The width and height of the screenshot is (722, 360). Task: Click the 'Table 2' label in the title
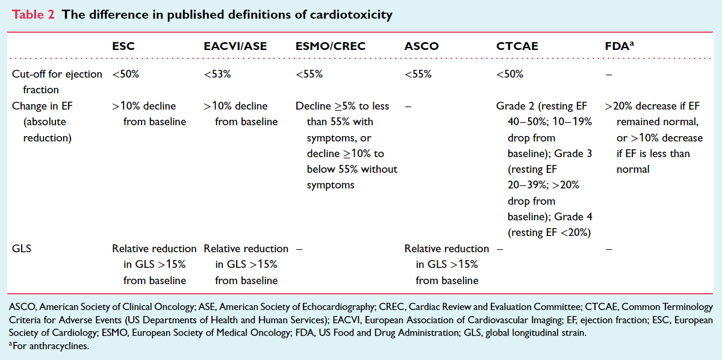click(x=33, y=14)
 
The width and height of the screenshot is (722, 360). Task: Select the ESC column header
click(x=123, y=46)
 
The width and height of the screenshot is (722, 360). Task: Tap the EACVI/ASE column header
click(x=235, y=46)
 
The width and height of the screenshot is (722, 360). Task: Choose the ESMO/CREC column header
click(x=331, y=46)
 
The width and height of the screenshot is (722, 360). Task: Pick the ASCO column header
click(x=422, y=46)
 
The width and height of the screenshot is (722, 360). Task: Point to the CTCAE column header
click(x=517, y=46)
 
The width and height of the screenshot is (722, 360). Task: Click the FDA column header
click(x=618, y=46)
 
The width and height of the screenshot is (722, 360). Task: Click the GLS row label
click(x=22, y=249)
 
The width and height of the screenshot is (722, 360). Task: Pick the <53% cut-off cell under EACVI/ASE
click(x=217, y=75)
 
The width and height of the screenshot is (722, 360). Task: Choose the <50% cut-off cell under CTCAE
click(x=509, y=75)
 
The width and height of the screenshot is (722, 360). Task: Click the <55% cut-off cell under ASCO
click(x=418, y=75)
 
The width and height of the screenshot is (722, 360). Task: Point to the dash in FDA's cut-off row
click(x=609, y=75)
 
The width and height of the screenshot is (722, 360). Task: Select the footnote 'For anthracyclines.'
click(x=49, y=346)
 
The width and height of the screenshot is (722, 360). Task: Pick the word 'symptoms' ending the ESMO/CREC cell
click(x=331, y=185)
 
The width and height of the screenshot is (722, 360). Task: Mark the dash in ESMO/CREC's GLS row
click(x=299, y=249)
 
